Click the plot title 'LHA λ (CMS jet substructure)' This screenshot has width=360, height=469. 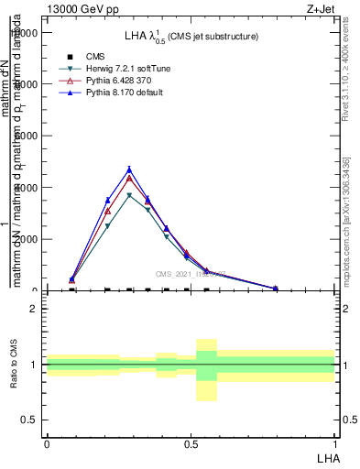click(191, 36)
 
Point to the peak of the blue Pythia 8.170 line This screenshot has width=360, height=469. click(129, 169)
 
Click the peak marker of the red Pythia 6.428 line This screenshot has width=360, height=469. click(129, 178)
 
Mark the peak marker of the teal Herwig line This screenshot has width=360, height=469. click(129, 195)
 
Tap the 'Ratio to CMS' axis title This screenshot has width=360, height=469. click(15, 365)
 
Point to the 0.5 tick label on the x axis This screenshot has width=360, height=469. click(191, 443)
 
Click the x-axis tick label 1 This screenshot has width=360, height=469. click(334, 443)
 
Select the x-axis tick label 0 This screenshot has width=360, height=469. click(47, 443)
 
